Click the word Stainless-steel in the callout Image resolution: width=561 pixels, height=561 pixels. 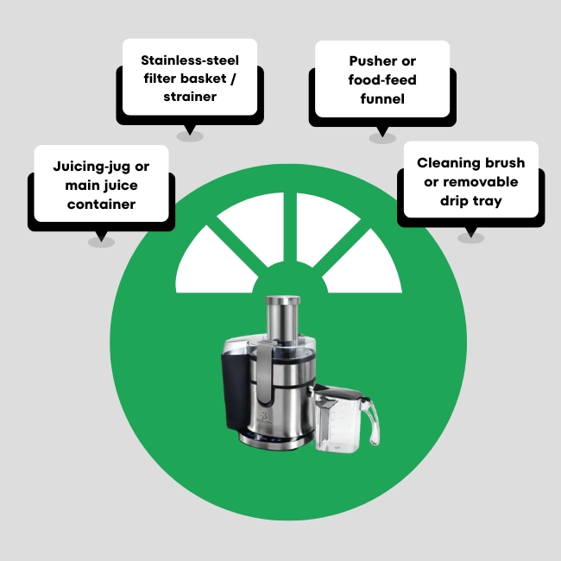[x=189, y=60]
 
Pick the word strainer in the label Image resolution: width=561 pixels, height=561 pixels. [x=190, y=97]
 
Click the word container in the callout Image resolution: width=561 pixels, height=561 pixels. [x=102, y=204]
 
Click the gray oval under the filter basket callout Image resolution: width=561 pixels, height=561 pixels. [x=190, y=136]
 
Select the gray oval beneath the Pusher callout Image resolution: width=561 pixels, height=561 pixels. [x=381, y=137]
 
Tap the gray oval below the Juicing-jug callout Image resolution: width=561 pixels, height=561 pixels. [x=101, y=242]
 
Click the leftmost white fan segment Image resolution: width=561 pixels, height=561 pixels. [x=207, y=263]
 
